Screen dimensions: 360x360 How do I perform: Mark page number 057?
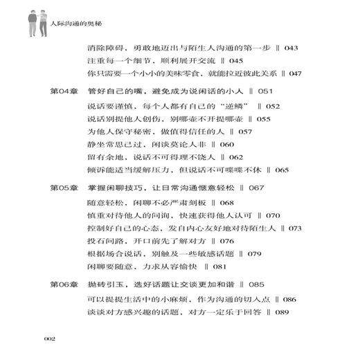click(231, 131)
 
